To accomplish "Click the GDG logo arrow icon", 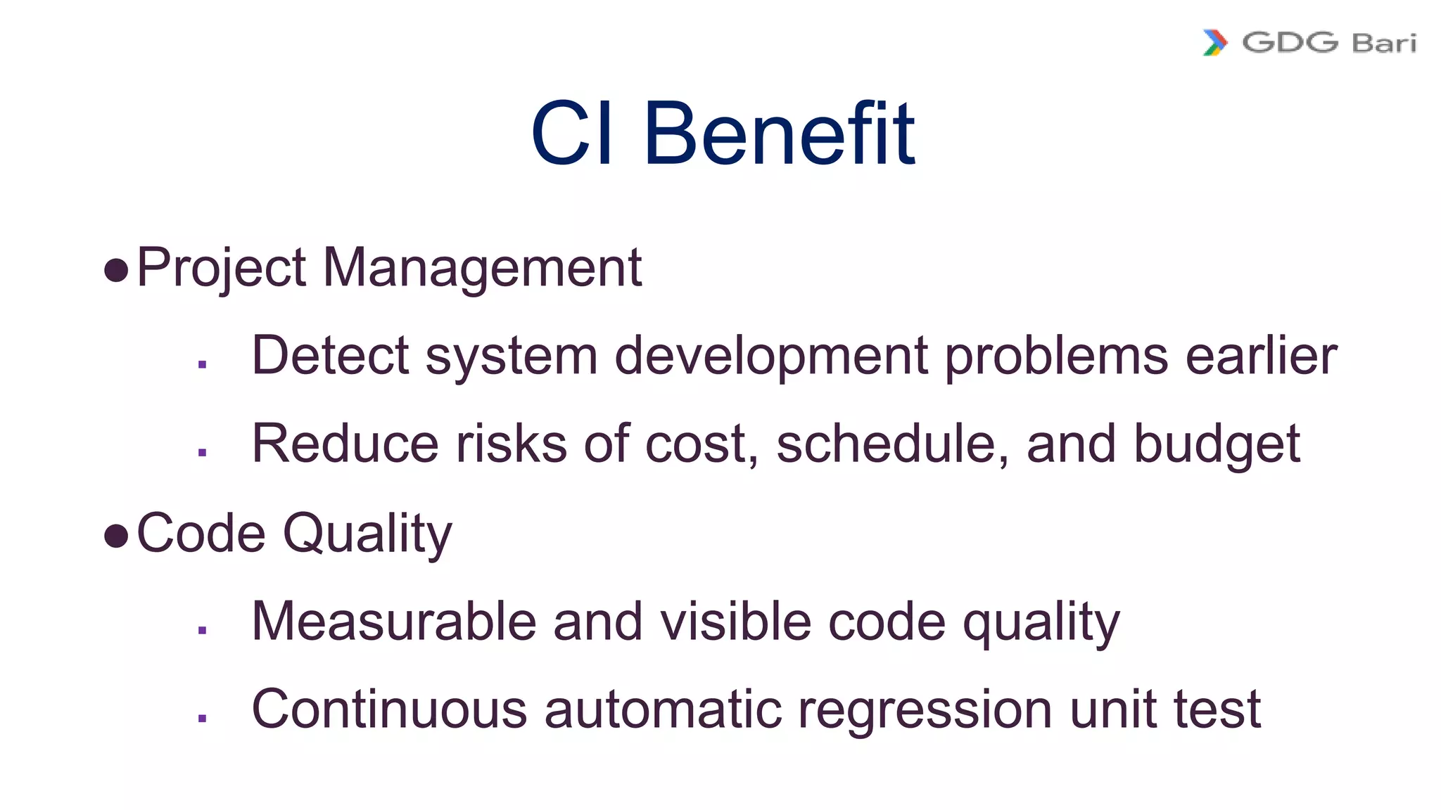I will tap(1215, 42).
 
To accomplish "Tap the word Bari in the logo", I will tap(1384, 43).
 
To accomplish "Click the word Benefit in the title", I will tap(779, 134).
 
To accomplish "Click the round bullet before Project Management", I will tap(116, 269).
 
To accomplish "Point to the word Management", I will tap(482, 268).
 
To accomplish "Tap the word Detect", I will tap(330, 355).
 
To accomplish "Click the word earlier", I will tap(1261, 355).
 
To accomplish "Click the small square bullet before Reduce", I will tap(203, 452).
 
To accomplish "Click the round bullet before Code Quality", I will tap(116, 536).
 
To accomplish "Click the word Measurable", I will tap(394, 622).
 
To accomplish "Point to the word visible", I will tap(735, 622).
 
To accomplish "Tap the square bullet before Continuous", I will tap(203, 718).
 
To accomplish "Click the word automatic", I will tap(663, 709).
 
